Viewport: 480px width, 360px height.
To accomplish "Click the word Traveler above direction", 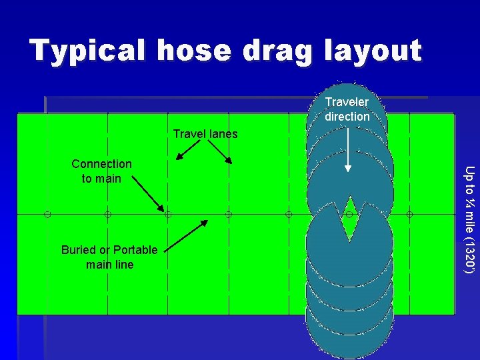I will [x=347, y=102].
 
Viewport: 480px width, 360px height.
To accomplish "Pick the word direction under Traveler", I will [x=347, y=117].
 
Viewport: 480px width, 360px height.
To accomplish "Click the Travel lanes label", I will [x=205, y=134].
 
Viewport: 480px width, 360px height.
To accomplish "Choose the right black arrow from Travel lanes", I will [x=223, y=153].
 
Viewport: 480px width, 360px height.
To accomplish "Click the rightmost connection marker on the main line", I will [x=409, y=215].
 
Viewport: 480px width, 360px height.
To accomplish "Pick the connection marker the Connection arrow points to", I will [x=168, y=215].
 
